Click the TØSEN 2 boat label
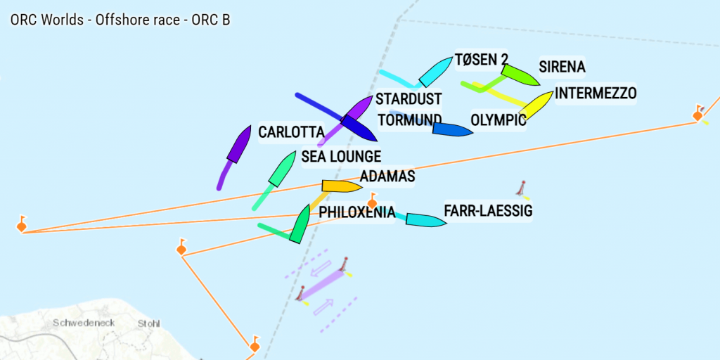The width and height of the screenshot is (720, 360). pos(481,60)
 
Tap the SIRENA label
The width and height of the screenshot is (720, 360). pos(562,67)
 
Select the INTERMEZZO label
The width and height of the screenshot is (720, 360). pos(596,93)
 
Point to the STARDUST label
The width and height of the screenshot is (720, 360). pos(409,98)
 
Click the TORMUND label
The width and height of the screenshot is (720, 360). pos(410,120)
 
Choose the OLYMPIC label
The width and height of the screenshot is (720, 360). pos(498,120)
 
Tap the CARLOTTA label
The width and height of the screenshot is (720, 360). pos(291,132)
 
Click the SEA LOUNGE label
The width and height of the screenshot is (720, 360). pos(341,156)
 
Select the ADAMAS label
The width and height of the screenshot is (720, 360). pos(387,176)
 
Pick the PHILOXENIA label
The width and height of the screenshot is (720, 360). pos(356,212)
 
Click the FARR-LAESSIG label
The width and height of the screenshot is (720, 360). pos(488,210)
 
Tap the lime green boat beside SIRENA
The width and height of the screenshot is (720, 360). pos(520,75)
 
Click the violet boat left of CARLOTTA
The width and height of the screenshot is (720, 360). pos(239,144)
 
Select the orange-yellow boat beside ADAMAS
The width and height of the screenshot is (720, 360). pos(341,186)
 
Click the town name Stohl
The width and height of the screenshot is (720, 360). pos(149,323)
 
